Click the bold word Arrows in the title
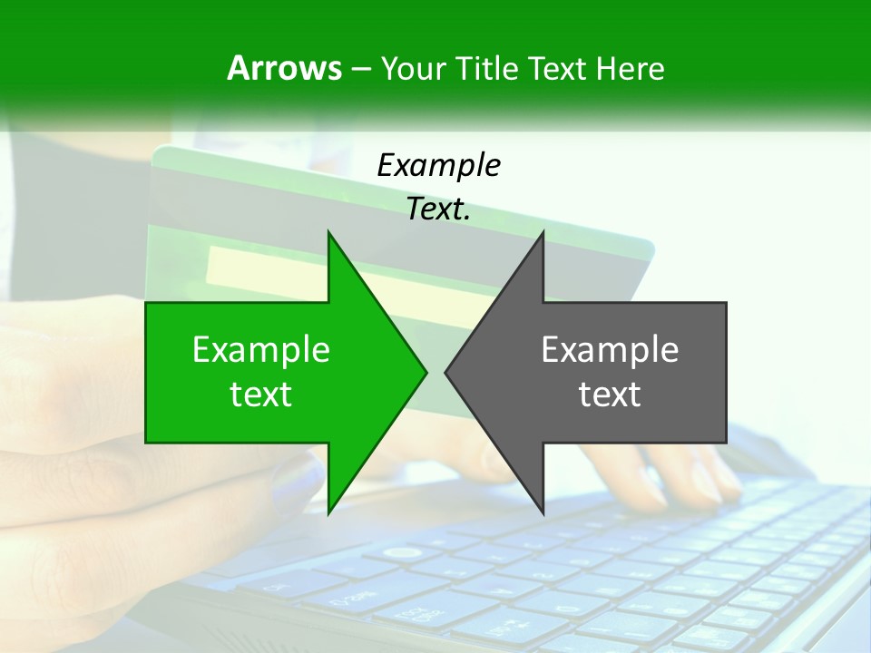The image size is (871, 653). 283,68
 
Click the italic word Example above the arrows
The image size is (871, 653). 438,165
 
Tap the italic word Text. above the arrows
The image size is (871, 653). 438,210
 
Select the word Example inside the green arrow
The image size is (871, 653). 261,350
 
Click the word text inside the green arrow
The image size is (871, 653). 261,395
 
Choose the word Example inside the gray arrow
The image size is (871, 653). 610,350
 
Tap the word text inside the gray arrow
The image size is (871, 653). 610,395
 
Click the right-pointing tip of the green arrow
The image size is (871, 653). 425,371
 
